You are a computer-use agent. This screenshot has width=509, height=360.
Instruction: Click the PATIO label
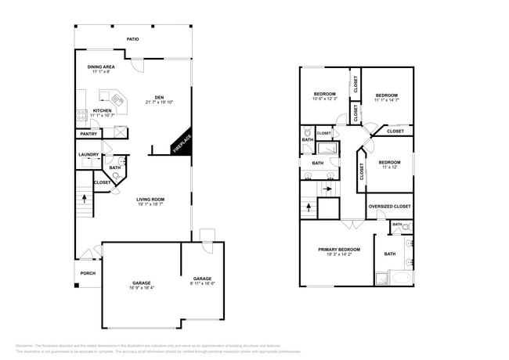[133, 38]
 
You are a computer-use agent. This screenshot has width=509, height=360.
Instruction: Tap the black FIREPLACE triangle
[183, 143]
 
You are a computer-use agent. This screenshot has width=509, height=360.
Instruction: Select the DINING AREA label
[101, 67]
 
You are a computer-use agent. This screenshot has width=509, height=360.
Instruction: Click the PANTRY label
[88, 135]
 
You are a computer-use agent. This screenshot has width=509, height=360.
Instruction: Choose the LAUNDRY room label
[88, 154]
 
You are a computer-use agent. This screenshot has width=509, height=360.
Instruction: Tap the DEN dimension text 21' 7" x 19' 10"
[159, 103]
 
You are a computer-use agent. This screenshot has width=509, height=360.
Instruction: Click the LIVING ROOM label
[152, 200]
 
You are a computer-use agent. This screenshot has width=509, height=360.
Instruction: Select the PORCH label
[88, 273]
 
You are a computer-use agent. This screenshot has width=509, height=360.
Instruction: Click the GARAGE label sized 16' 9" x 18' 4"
[141, 283]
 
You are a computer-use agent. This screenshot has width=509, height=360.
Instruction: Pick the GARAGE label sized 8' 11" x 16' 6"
[203, 279]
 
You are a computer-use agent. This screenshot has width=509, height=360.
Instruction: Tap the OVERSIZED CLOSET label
[389, 207]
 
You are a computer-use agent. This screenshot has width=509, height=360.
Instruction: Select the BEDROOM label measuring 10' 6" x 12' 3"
[324, 93]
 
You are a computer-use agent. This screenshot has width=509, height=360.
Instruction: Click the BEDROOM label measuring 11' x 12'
[389, 162]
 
